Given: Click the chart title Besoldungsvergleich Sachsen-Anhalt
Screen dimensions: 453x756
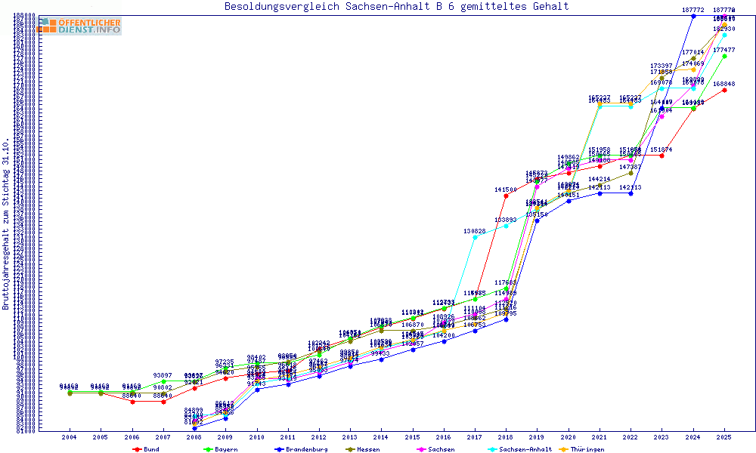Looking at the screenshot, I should coord(396,7).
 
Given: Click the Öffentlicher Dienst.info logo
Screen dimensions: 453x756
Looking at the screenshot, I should coord(79,26).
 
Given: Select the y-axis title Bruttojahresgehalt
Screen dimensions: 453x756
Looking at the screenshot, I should coord(6,223).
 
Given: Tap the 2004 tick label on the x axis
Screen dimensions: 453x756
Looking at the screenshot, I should coord(70,437).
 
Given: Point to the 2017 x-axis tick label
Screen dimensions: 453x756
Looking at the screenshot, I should coord(475,437).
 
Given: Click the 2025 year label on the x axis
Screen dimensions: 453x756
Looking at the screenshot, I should coord(724,437).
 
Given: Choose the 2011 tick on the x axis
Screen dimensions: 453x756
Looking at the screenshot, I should coord(288,437).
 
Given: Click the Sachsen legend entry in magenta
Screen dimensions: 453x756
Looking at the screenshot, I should coord(438,449).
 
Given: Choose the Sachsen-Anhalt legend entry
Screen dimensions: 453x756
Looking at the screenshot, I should coord(522,449).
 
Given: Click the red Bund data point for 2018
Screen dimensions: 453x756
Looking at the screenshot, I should coord(506,196).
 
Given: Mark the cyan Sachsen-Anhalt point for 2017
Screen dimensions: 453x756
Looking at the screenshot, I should coord(475,238).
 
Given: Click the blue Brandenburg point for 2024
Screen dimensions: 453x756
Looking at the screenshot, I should coord(693,16).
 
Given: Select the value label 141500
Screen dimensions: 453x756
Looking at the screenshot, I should coord(506,190).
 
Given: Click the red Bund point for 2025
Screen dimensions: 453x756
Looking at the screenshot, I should coord(724,91).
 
